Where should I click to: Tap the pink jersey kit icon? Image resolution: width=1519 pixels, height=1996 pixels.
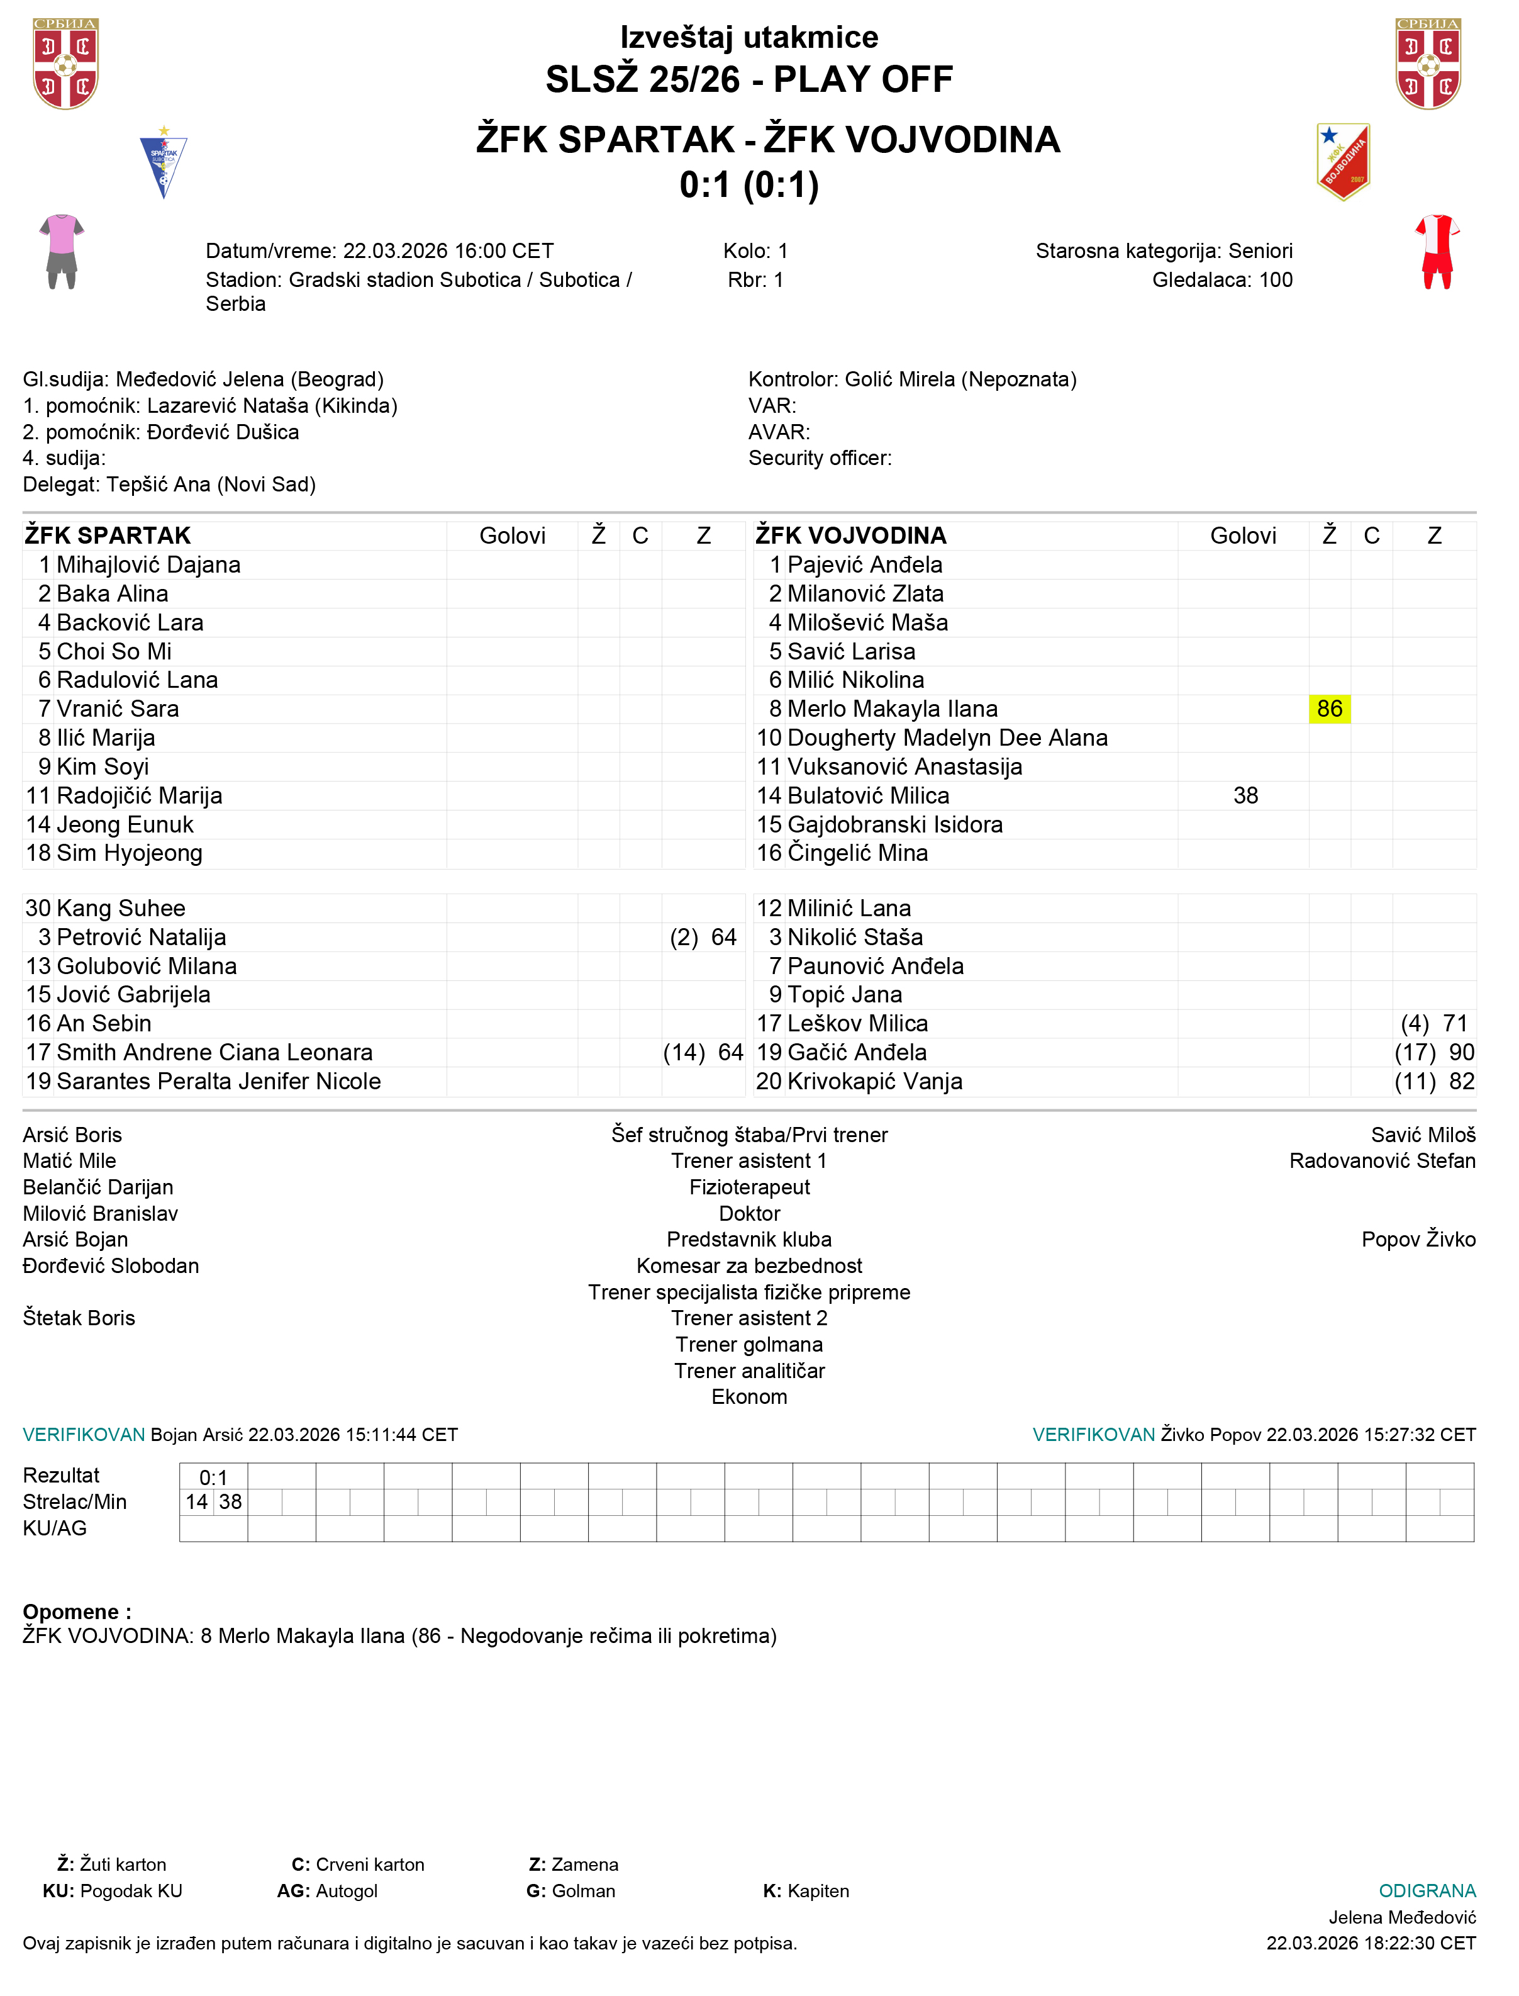(x=62, y=252)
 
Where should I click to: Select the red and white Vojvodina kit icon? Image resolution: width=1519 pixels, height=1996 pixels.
(x=1437, y=252)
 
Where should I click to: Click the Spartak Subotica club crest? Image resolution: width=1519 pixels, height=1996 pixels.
(x=164, y=163)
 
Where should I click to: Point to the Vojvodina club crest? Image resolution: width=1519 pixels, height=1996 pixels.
(x=1343, y=162)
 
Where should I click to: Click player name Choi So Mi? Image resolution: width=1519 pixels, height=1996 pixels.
(x=114, y=651)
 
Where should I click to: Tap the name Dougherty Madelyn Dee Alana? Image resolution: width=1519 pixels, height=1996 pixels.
(x=947, y=738)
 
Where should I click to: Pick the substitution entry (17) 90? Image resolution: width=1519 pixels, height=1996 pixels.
(x=1434, y=1053)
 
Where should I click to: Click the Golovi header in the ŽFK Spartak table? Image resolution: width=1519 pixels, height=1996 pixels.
(x=512, y=536)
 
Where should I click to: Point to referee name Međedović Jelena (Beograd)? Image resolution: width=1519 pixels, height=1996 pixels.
(x=250, y=379)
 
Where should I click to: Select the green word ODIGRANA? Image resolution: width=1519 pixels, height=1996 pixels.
(x=1427, y=1891)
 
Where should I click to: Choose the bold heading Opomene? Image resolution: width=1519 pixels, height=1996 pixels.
(x=77, y=1612)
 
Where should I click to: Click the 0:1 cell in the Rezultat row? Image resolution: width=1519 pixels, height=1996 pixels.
(x=213, y=1477)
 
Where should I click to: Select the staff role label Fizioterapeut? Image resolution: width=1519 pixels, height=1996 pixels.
(x=750, y=1187)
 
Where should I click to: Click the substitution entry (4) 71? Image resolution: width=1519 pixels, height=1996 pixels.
(x=1434, y=1024)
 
